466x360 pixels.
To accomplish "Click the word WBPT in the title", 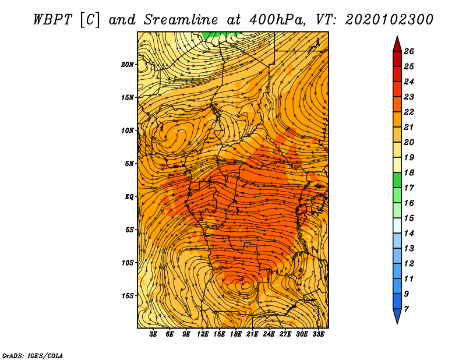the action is tap(52, 20).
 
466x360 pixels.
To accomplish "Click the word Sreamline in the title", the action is tap(181, 20).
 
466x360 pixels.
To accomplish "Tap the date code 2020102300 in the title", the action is tap(389, 20).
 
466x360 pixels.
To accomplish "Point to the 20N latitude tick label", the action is tap(128, 65).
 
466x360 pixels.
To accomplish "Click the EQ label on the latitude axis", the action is tap(129, 197).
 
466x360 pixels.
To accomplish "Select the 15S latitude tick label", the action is tap(128, 296).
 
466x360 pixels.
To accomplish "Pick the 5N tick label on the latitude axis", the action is tap(129, 164).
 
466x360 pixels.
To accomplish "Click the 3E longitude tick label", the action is tap(153, 334).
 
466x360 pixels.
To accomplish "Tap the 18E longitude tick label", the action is tap(235, 334).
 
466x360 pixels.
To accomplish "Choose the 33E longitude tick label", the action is tap(318, 334).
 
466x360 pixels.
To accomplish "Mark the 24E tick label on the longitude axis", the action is tap(269, 334).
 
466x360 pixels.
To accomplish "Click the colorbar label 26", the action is tap(409, 51).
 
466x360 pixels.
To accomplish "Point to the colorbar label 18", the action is tap(409, 172).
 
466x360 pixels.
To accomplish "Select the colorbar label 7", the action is tap(406, 309).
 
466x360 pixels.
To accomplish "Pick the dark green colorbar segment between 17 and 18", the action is tap(397, 180).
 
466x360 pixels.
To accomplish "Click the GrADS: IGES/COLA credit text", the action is tap(33, 356).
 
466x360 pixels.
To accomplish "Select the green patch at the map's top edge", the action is tap(218, 35).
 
